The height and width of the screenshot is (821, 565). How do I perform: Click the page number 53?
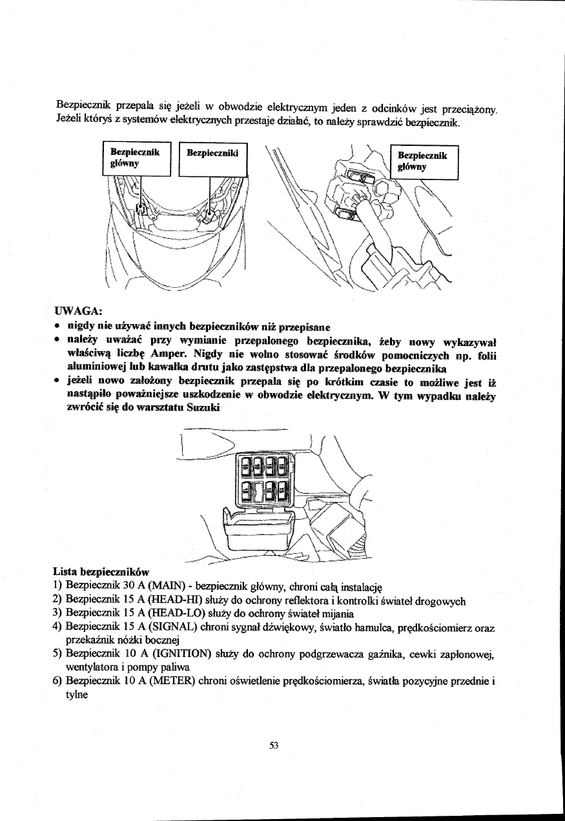(273, 745)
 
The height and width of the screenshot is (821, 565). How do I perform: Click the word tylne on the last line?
(79, 702)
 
